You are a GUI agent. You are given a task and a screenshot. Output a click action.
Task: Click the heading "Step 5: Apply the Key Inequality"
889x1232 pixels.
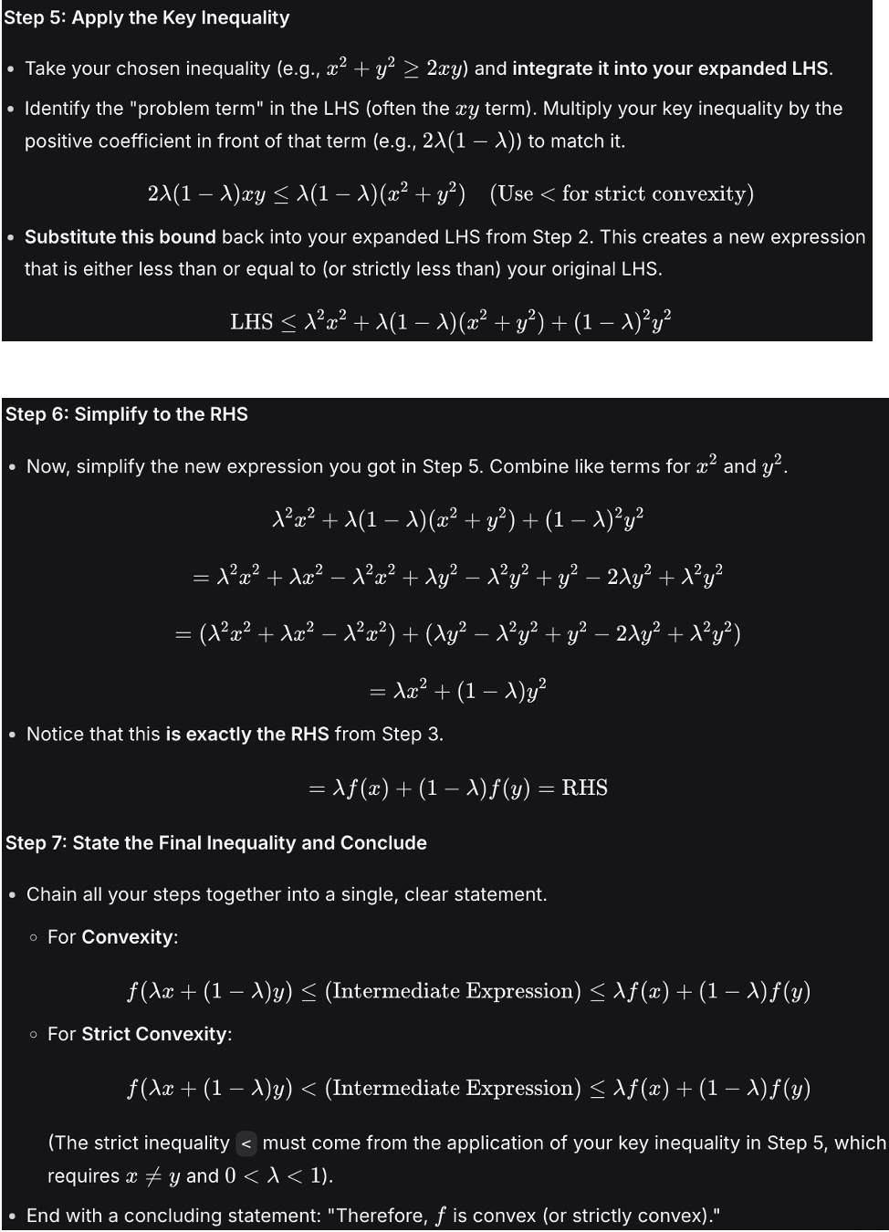click(x=147, y=17)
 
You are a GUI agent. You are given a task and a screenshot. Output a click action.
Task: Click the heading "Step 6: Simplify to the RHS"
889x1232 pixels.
click(x=127, y=413)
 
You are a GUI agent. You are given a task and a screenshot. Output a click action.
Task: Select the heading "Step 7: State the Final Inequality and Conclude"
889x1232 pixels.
click(x=216, y=842)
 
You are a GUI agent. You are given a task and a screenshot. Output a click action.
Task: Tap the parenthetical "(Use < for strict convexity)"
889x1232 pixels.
click(x=622, y=193)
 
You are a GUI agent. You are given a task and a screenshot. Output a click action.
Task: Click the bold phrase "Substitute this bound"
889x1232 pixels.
click(x=120, y=236)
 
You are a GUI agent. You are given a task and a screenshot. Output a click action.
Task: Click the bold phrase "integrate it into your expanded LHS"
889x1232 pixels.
click(x=671, y=68)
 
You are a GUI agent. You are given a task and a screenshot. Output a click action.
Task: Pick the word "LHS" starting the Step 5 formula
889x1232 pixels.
click(x=251, y=321)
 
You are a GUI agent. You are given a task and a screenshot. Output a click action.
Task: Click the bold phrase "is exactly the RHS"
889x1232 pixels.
click(x=246, y=734)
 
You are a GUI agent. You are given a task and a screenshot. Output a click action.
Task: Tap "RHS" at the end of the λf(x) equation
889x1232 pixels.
click(x=584, y=788)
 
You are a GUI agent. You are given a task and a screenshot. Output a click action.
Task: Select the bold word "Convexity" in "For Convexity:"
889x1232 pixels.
click(x=128, y=937)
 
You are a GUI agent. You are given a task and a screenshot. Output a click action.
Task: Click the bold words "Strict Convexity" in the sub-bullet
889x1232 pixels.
click(x=154, y=1034)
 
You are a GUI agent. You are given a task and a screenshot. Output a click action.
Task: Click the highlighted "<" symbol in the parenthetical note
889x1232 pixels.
click(x=246, y=1143)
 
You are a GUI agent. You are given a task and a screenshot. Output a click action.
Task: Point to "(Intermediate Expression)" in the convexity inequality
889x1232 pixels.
click(x=453, y=991)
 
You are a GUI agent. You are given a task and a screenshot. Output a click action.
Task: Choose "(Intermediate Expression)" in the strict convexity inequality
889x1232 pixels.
click(x=453, y=1088)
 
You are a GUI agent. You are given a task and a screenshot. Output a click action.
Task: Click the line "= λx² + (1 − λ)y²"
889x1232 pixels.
click(x=457, y=690)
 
